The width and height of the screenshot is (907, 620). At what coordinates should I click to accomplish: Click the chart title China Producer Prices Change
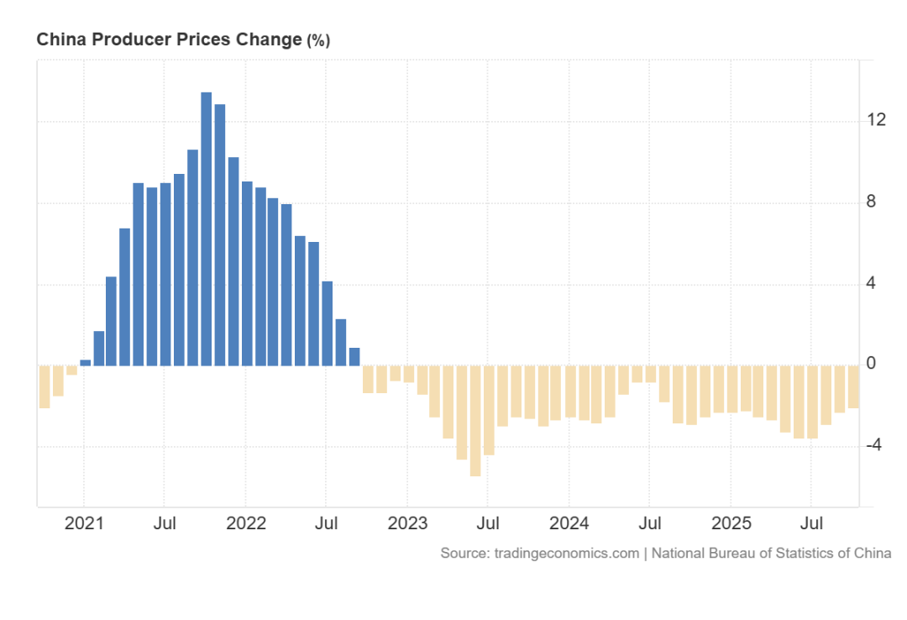[168, 39]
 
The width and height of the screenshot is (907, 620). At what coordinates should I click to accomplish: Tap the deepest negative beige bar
[475, 420]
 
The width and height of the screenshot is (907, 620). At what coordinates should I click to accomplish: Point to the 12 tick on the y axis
[877, 120]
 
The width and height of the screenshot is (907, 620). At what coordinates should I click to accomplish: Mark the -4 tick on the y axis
[873, 445]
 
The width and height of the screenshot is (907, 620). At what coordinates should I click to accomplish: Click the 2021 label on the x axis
[84, 524]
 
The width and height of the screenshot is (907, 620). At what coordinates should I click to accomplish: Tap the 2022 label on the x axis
[246, 524]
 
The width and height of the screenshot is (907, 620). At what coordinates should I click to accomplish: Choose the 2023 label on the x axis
[407, 524]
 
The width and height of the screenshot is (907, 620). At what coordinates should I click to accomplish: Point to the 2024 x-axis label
[569, 524]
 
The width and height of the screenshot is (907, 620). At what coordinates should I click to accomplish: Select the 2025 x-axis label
[731, 524]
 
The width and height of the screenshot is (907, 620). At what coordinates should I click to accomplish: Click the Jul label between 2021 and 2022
[165, 524]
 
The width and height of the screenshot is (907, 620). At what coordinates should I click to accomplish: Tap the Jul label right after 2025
[811, 524]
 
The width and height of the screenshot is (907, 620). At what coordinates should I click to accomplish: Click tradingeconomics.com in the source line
[566, 554]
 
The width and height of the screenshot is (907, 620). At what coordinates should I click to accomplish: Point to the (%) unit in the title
[318, 40]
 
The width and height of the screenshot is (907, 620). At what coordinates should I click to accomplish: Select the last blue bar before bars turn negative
[354, 357]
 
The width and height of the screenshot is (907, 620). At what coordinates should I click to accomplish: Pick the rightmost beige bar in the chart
[853, 386]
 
